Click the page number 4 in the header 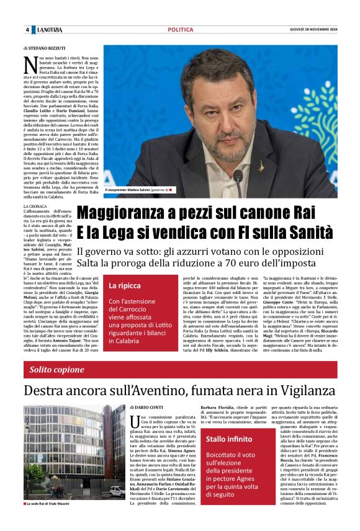coord(27,30)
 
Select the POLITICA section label coord(180,30)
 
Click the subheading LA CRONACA coord(35,206)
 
